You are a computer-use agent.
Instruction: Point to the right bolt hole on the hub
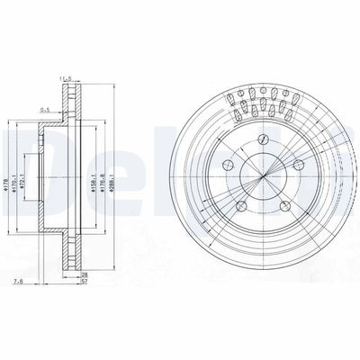pyautogui.click(x=296, y=165)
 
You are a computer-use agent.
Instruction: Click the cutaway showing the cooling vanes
pyautogui.click(x=260, y=103)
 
